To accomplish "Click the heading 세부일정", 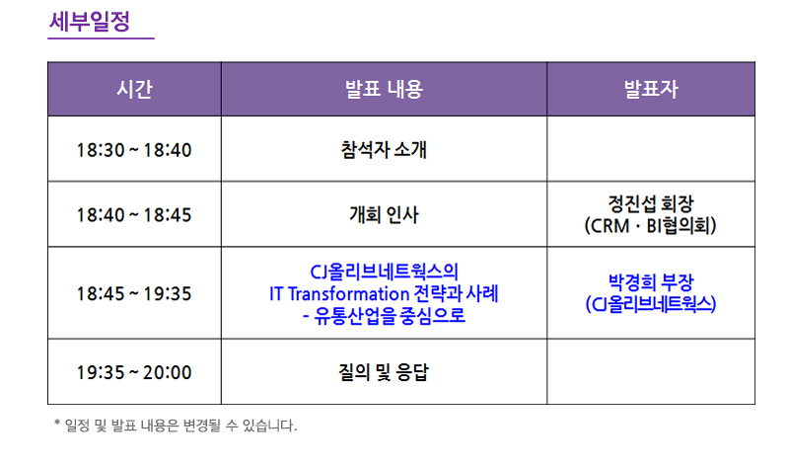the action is coord(90,22).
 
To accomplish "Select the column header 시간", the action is coord(134,89).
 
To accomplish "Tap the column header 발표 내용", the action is coord(384,89).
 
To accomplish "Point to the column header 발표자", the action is coord(651,89).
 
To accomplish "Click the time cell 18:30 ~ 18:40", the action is coord(134,150).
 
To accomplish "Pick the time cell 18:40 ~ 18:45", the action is coord(134,214).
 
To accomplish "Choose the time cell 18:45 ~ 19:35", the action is coord(134,293).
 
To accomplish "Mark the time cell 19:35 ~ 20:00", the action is coord(134,372).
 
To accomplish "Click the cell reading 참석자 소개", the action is coord(384,149).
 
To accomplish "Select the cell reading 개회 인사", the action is coord(384,214).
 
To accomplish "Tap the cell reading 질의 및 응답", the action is coord(384,372).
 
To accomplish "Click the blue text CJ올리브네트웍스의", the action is coord(384,272).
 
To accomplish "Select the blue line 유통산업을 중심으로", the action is coord(390,315).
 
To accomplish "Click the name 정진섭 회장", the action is coord(651,203).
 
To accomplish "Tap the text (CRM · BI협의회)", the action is coord(651,226).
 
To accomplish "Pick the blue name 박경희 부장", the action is coord(651,281).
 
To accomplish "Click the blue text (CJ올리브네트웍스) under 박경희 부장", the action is coord(651,304).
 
